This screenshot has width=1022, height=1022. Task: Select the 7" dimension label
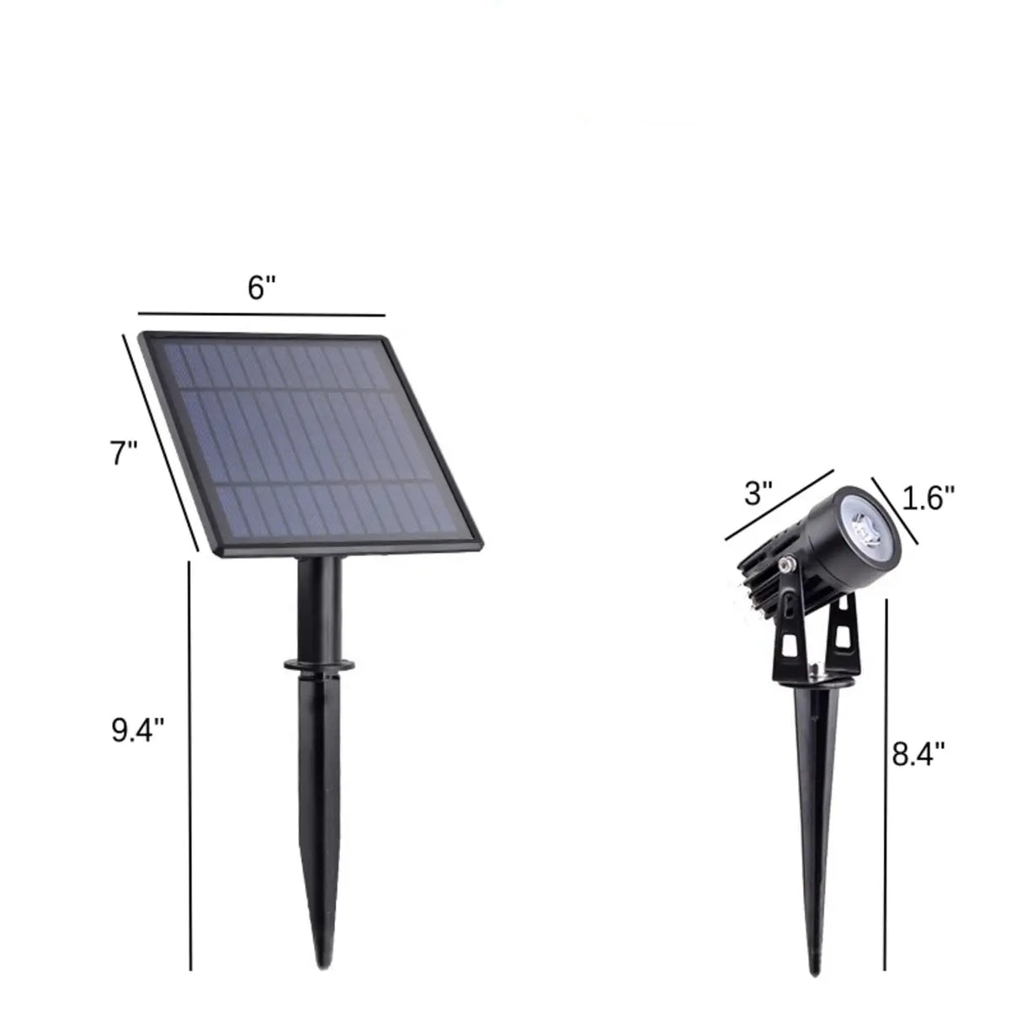point(124,454)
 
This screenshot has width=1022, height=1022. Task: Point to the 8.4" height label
point(919,752)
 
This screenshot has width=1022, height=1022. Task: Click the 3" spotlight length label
point(758,492)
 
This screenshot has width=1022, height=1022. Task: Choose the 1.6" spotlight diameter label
point(929,498)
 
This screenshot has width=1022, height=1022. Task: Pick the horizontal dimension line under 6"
point(261,312)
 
